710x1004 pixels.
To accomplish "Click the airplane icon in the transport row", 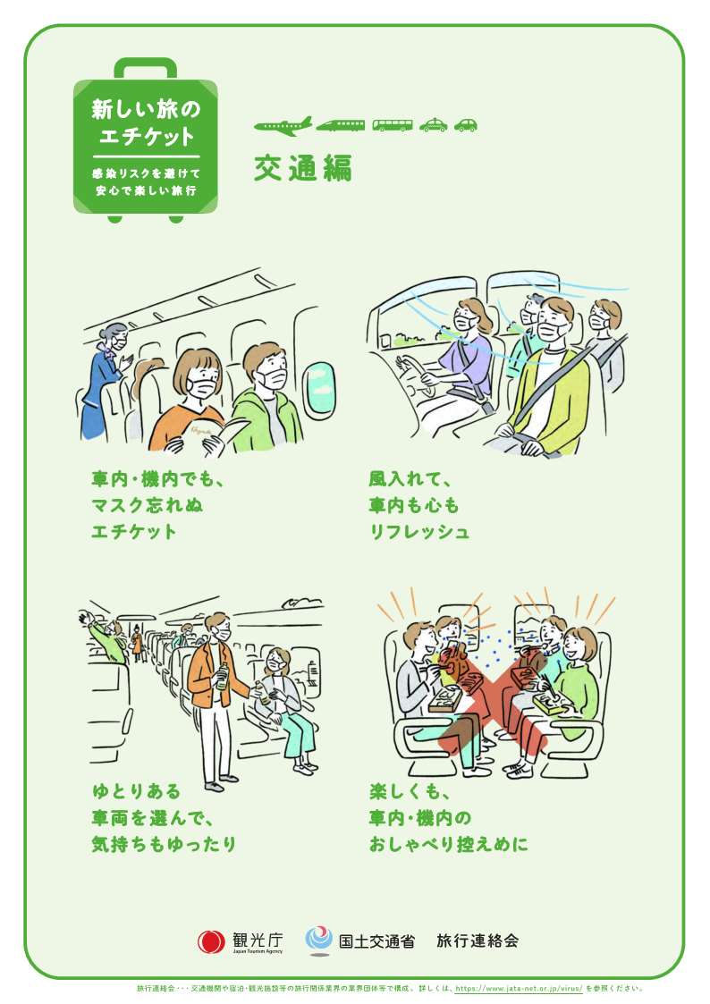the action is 283,125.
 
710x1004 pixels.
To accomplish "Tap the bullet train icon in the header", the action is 341,125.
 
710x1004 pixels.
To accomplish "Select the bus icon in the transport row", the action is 393,125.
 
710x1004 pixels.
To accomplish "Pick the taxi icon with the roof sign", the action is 434,124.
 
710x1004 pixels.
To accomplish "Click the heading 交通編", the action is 303,168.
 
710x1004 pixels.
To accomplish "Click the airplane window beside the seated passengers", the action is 319,390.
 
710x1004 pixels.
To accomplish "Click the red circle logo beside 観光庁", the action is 211,942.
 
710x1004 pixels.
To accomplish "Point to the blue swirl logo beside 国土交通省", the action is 318,939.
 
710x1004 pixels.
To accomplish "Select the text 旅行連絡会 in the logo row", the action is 478,941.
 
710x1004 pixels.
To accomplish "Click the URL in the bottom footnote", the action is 519,989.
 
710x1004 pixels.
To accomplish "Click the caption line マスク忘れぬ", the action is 148,505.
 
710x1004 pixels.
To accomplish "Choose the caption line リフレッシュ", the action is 419,531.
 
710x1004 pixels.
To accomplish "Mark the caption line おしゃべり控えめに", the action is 449,844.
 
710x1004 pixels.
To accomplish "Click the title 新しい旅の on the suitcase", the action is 146,109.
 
